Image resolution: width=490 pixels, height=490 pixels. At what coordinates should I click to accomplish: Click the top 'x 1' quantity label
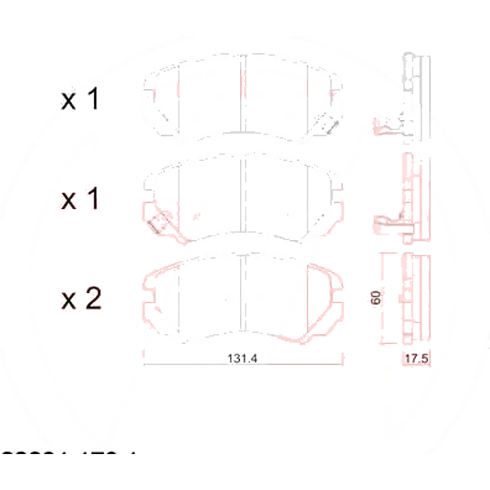point(81,100)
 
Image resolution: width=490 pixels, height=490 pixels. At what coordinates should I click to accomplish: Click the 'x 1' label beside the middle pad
point(81,199)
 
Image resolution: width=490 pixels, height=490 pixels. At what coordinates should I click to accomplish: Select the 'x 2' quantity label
point(81,300)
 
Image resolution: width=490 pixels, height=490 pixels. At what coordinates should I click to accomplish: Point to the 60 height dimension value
point(376,298)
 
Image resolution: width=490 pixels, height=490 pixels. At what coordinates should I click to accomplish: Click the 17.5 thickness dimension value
point(416,359)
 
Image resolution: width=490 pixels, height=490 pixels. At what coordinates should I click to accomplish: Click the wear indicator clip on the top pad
point(330,124)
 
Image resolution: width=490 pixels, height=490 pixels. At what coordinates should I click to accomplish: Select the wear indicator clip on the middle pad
point(156,224)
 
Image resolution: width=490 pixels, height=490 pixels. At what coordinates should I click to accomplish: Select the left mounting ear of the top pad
point(149,87)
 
